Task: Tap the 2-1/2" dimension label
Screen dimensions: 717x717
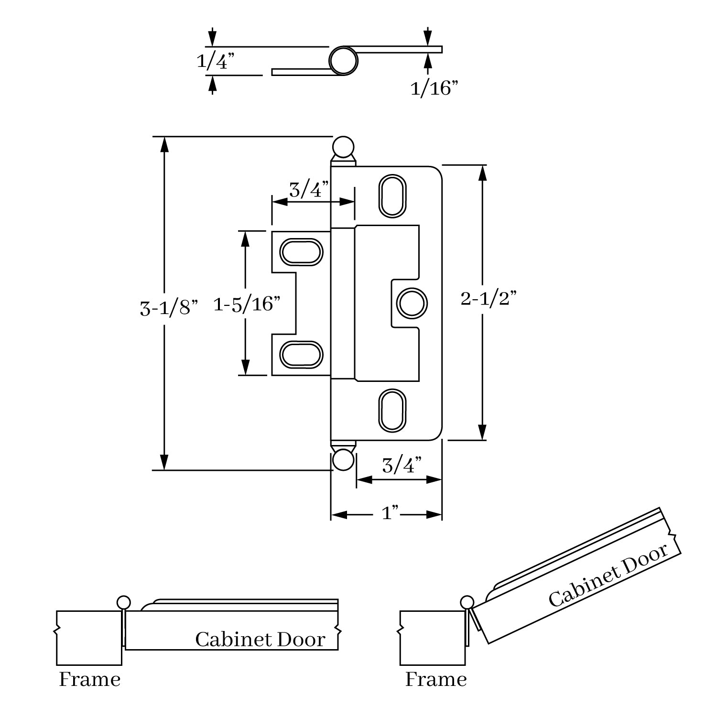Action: point(489,299)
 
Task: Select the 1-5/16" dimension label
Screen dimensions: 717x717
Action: point(246,304)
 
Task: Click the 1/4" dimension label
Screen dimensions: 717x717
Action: point(216,62)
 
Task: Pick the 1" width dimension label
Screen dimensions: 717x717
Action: point(391,514)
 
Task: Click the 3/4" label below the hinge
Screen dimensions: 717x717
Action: point(402,465)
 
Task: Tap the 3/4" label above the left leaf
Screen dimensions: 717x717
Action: point(308,190)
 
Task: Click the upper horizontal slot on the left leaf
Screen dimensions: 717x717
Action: point(301,251)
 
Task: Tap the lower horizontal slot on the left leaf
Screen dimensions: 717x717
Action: point(301,355)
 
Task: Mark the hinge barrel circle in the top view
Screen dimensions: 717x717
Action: point(343,61)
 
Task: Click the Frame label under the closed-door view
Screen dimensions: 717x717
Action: point(89,679)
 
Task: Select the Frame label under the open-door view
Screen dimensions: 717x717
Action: point(436,679)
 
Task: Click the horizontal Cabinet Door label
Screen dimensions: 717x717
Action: point(260,640)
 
